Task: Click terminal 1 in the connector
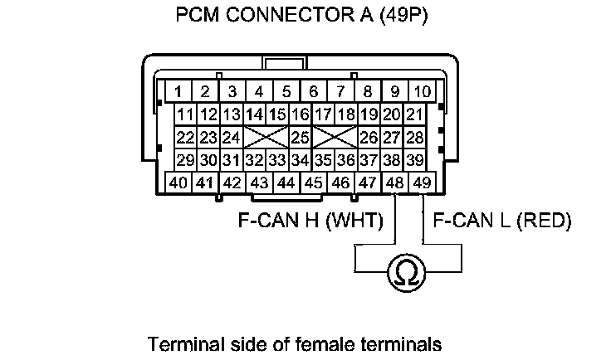click(x=178, y=90)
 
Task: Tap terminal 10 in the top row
click(x=423, y=90)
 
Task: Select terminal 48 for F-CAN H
click(x=396, y=182)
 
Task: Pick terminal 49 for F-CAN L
click(x=423, y=182)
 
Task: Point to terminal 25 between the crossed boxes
click(x=300, y=136)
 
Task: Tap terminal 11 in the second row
click(x=186, y=114)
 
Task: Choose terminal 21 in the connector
click(x=414, y=114)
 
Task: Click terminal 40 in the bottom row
click(x=178, y=182)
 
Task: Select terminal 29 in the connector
click(x=186, y=159)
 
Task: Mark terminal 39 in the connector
click(x=414, y=159)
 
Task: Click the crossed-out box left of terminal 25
click(x=266, y=136)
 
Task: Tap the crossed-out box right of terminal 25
click(x=335, y=136)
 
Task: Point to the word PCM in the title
click(x=197, y=16)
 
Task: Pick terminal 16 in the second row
click(x=300, y=114)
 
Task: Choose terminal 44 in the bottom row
click(x=286, y=182)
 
